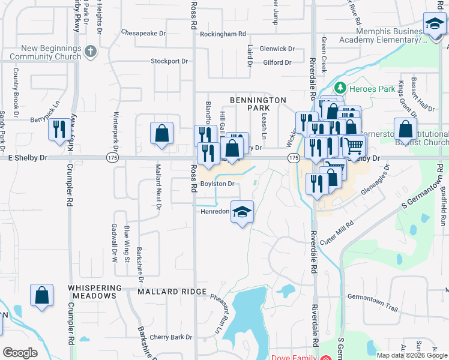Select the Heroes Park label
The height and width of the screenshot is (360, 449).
click(x=373, y=89)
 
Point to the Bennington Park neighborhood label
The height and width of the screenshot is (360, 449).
click(x=259, y=104)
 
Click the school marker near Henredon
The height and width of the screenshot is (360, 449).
click(x=242, y=212)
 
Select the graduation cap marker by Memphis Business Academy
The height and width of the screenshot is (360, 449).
click(x=434, y=25)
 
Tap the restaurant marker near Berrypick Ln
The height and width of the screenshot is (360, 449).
click(x=59, y=130)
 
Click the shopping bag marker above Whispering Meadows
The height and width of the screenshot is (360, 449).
click(x=41, y=296)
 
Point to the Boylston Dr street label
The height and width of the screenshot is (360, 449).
click(x=217, y=184)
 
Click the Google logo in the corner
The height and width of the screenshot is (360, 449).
click(x=20, y=353)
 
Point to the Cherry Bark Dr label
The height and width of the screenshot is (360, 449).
click(x=170, y=337)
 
